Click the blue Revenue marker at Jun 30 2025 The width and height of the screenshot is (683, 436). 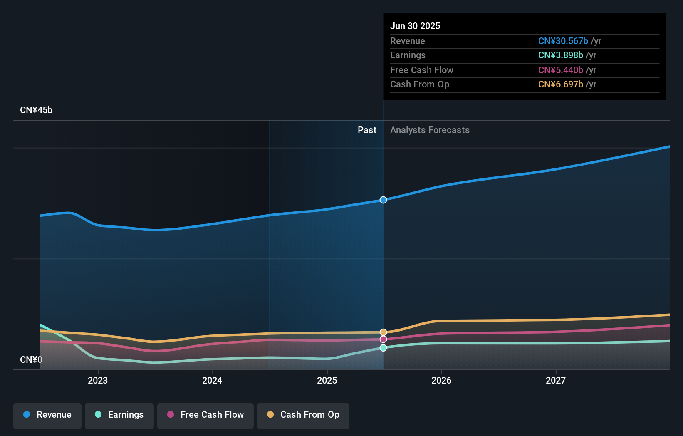[x=383, y=200]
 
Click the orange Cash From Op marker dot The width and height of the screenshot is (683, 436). [x=383, y=332]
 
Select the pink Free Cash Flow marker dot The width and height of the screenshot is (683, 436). [x=383, y=339]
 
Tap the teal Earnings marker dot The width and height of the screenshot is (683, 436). [x=383, y=347]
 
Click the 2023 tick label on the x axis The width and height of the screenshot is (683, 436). [x=98, y=380]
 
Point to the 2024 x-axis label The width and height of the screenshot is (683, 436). [x=212, y=380]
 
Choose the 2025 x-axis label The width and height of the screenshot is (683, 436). [x=327, y=380]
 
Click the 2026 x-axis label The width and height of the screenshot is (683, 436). [x=441, y=380]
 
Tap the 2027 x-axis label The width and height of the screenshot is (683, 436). [x=556, y=380]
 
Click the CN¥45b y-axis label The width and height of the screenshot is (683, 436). [x=36, y=110]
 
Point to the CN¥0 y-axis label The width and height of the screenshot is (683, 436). [x=31, y=359]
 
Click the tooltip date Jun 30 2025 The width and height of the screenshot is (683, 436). [x=415, y=26]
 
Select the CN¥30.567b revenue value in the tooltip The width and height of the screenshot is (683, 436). [x=563, y=41]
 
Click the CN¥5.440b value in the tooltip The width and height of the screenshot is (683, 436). [x=560, y=70]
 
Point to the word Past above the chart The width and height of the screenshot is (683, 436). [x=367, y=130]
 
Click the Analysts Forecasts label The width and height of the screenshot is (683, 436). [x=430, y=130]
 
